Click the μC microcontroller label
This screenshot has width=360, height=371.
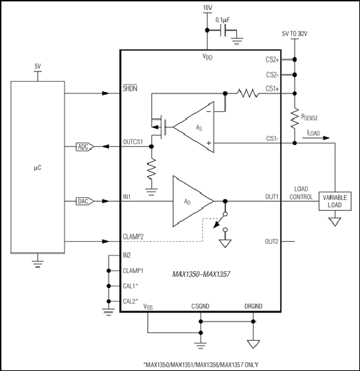[x=38, y=168]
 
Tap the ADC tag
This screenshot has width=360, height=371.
[x=85, y=147]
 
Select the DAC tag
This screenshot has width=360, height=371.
[x=85, y=201]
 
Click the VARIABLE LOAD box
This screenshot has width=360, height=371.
[x=335, y=201]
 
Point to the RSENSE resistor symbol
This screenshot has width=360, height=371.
[x=295, y=118]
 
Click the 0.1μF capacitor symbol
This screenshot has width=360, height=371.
[x=223, y=30]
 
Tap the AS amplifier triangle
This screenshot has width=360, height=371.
[x=194, y=127]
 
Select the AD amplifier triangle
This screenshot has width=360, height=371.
[x=193, y=201]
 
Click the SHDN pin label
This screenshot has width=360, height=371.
[x=130, y=88]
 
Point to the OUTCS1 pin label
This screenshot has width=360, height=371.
[x=133, y=142]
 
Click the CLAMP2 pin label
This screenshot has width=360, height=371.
[x=133, y=236]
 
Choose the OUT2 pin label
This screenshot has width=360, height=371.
[x=271, y=242]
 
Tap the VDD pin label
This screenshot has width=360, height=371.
[x=207, y=57]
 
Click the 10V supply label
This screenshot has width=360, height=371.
[x=207, y=8]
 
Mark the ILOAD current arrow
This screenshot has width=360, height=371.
[x=316, y=137]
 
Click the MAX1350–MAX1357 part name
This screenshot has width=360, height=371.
[x=201, y=274]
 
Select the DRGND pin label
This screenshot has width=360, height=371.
[x=254, y=306]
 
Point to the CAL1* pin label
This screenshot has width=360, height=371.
[x=131, y=286]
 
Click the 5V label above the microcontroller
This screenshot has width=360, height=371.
[x=38, y=66]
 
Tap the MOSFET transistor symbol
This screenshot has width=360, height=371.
[x=159, y=127]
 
